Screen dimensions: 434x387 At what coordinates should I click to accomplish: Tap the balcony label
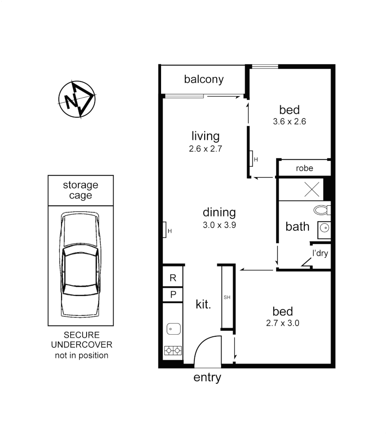pyautogui.click(x=203, y=79)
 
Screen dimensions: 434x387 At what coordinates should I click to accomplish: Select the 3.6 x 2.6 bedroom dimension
pyautogui.click(x=289, y=121)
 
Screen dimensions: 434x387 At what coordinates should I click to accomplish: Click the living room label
pyautogui.click(x=205, y=136)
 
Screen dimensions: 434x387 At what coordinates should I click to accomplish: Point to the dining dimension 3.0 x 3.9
pyautogui.click(x=219, y=225)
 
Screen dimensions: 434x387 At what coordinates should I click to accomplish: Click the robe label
pyautogui.click(x=304, y=168)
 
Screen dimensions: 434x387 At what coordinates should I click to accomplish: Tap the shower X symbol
pyautogui.click(x=312, y=189)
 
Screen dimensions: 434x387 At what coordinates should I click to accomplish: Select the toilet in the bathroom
pyautogui.click(x=322, y=210)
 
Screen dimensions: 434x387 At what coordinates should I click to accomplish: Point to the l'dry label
pyautogui.click(x=320, y=254)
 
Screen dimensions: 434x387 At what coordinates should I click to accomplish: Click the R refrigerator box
pyautogui.click(x=173, y=278)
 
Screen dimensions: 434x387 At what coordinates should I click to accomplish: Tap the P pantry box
pyautogui.click(x=173, y=295)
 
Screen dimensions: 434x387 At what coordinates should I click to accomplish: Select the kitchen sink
pyautogui.click(x=173, y=329)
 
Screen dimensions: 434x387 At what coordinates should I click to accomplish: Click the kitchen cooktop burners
pyautogui.click(x=173, y=351)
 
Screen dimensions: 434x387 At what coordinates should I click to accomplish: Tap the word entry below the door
pyautogui.click(x=207, y=378)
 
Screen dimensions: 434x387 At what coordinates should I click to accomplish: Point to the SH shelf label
pyautogui.click(x=227, y=298)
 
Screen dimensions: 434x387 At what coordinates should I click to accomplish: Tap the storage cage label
pyautogui.click(x=81, y=190)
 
